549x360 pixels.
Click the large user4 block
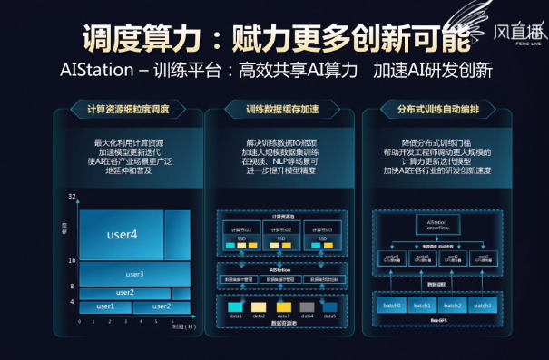pyautogui.click(x=122, y=234)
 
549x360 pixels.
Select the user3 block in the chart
pyautogui.click(x=134, y=274)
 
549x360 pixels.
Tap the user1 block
pyautogui.click(x=106, y=306)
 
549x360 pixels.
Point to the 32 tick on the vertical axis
pyautogui.click(x=72, y=196)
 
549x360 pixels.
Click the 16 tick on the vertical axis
pyautogui.click(x=72, y=260)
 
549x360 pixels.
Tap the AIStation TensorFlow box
pyautogui.click(x=437, y=224)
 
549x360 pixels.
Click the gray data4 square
pyautogui.click(x=307, y=307)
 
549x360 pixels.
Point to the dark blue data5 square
pyautogui.click(x=328, y=307)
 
